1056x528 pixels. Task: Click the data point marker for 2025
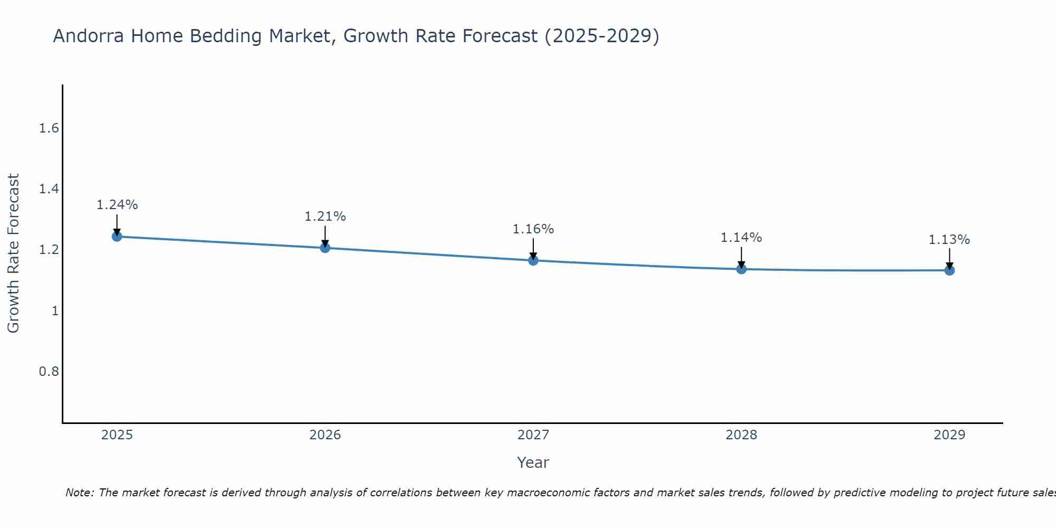pos(117,236)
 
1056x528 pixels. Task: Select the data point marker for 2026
pos(325,247)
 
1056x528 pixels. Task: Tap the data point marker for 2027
pos(533,260)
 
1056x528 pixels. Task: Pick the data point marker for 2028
pos(741,269)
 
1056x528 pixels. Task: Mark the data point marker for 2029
pos(949,270)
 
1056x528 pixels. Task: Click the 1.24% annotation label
pos(117,205)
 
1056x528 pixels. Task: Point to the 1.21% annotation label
pos(325,216)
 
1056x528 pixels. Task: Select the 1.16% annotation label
pos(533,229)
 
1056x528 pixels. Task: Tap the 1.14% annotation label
pos(741,238)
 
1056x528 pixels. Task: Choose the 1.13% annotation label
pos(949,240)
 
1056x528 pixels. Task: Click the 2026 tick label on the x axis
pos(325,435)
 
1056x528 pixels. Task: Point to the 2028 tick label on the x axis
pos(741,435)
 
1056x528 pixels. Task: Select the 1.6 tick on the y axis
pos(49,128)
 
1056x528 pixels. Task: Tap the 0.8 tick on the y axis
pos(49,372)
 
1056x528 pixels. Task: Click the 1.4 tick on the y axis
pos(49,189)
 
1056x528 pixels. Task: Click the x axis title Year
pos(533,463)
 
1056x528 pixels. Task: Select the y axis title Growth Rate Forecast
pos(13,253)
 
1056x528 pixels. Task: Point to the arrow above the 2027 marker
pos(533,248)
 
